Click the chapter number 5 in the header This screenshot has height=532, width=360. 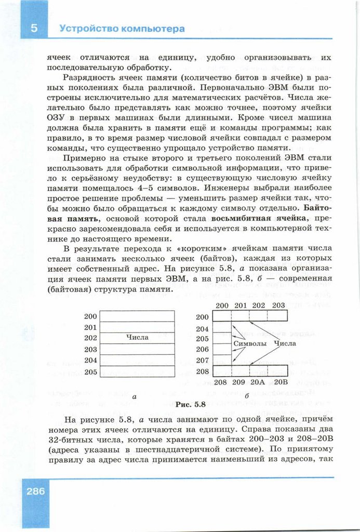(x=34, y=29)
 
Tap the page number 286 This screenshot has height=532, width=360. (x=34, y=491)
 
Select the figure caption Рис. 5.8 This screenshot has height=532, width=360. (x=191, y=404)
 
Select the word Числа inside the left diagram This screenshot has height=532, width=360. (x=137, y=337)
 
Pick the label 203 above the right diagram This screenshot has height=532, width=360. (x=278, y=305)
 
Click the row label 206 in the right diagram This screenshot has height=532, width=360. (x=203, y=350)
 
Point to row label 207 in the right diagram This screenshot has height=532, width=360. (x=203, y=360)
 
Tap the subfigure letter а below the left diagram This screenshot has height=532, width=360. (x=135, y=397)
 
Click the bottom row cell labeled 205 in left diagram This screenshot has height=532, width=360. (x=137, y=371)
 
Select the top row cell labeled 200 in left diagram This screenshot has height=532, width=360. (x=137, y=316)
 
